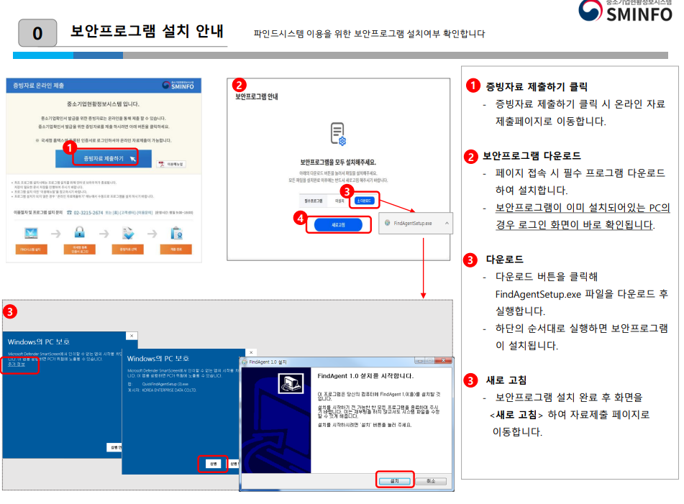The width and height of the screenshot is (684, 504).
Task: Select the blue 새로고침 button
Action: pos(337,224)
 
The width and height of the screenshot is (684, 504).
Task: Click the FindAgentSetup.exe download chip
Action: pos(415,224)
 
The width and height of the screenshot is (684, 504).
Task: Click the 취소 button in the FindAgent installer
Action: pos(430,481)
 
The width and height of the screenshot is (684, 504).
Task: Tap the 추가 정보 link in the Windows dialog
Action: pos(17,365)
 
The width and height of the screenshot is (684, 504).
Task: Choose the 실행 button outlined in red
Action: pos(213,464)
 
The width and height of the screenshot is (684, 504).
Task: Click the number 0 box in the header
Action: pos(37,34)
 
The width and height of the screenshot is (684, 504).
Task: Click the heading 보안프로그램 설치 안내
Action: pos(147,32)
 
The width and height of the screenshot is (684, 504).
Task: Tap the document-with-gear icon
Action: pos(338,134)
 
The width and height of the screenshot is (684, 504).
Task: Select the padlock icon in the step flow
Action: pos(80,232)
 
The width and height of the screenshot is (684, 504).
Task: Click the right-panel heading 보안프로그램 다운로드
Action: pos(532,156)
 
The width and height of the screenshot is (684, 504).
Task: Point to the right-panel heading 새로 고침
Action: pos(506,380)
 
